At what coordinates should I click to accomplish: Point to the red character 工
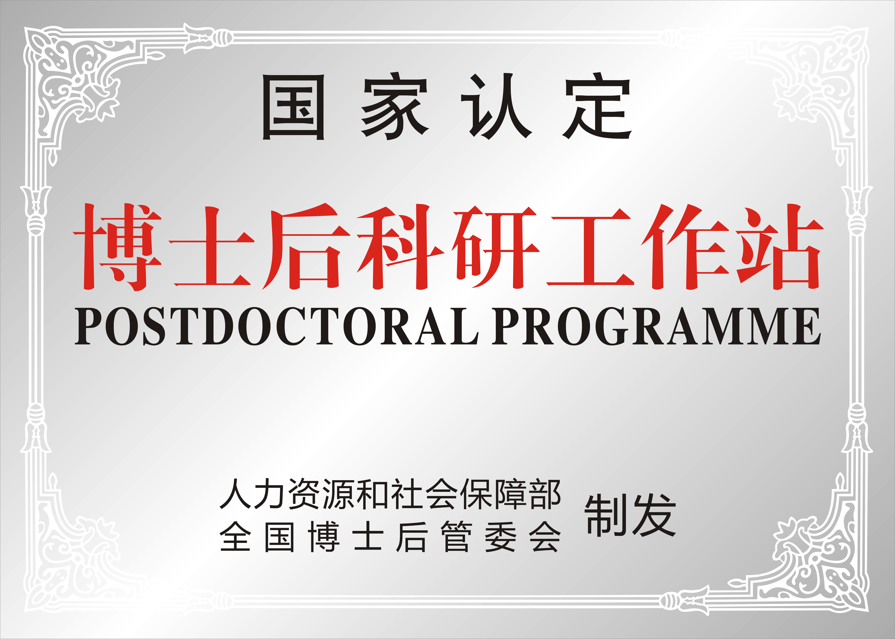pos(589,247)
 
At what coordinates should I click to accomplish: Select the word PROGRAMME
pos(656,327)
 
